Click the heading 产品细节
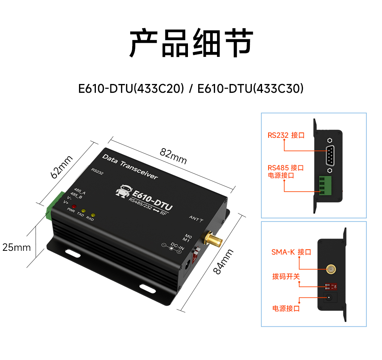pos(191,43)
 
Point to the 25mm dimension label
pos(16,247)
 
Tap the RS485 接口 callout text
pos(285,168)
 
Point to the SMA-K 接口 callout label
pos(291,252)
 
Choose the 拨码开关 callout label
pos(286,276)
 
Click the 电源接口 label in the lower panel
pos(286,308)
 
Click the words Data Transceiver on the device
pos(130,166)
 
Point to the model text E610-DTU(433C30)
pos(250,89)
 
